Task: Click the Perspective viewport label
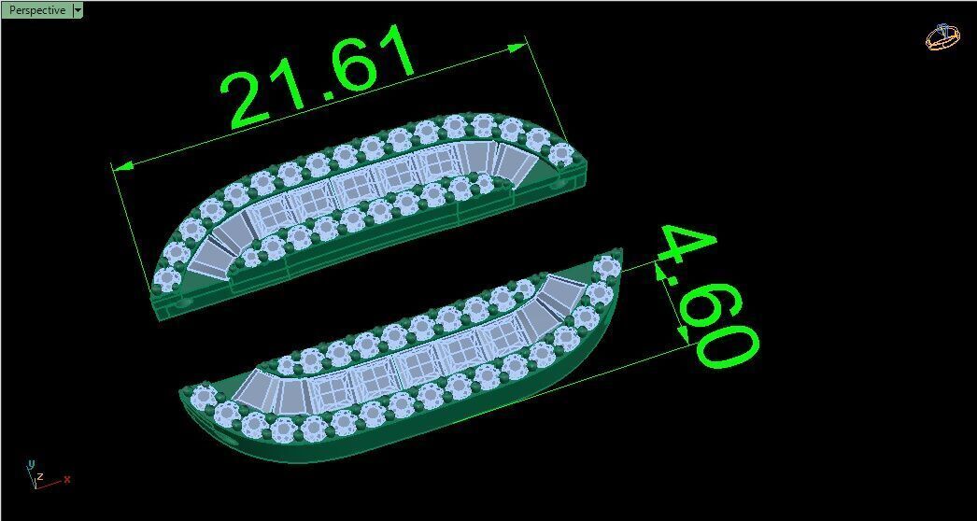click(x=37, y=10)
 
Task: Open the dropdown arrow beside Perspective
click(x=78, y=10)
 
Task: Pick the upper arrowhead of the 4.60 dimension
click(x=660, y=272)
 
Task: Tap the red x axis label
click(x=67, y=479)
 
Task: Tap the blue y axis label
click(x=31, y=464)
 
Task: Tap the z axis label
click(x=40, y=476)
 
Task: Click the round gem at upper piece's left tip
click(x=169, y=276)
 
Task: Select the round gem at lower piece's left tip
click(x=203, y=397)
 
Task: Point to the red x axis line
click(x=51, y=484)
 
